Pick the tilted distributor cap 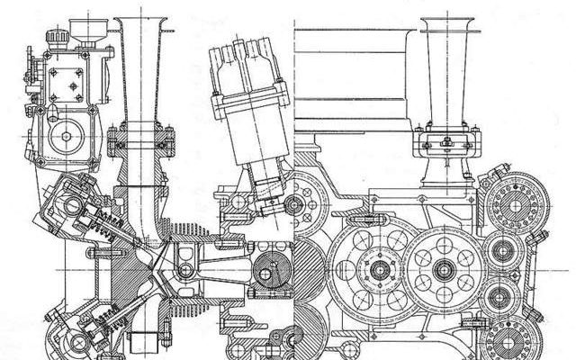[237, 72]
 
